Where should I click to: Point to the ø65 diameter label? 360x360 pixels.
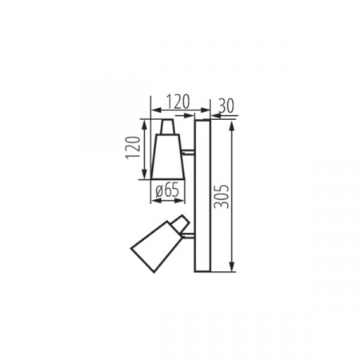[166, 190]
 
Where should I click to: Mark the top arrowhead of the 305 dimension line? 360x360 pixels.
[231, 123]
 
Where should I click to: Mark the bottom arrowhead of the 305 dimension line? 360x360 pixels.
[231, 270]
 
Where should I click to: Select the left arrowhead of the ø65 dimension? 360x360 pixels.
[152, 199]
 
